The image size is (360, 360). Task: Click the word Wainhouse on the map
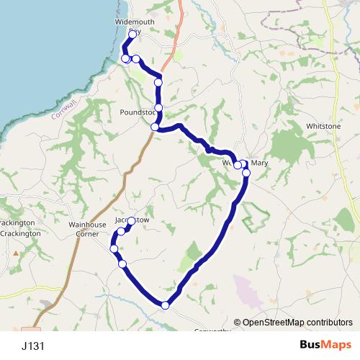(x=87, y=225)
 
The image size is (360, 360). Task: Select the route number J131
(x=33, y=346)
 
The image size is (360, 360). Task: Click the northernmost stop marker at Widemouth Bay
(x=132, y=35)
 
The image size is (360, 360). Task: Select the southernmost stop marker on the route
(x=166, y=305)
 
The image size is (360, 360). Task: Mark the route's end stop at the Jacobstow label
(x=131, y=221)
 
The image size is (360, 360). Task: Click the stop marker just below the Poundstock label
(x=155, y=127)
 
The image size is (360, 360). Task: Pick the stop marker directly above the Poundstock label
(x=158, y=108)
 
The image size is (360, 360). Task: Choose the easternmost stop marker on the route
(x=246, y=173)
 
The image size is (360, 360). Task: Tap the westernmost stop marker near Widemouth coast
(x=125, y=58)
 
